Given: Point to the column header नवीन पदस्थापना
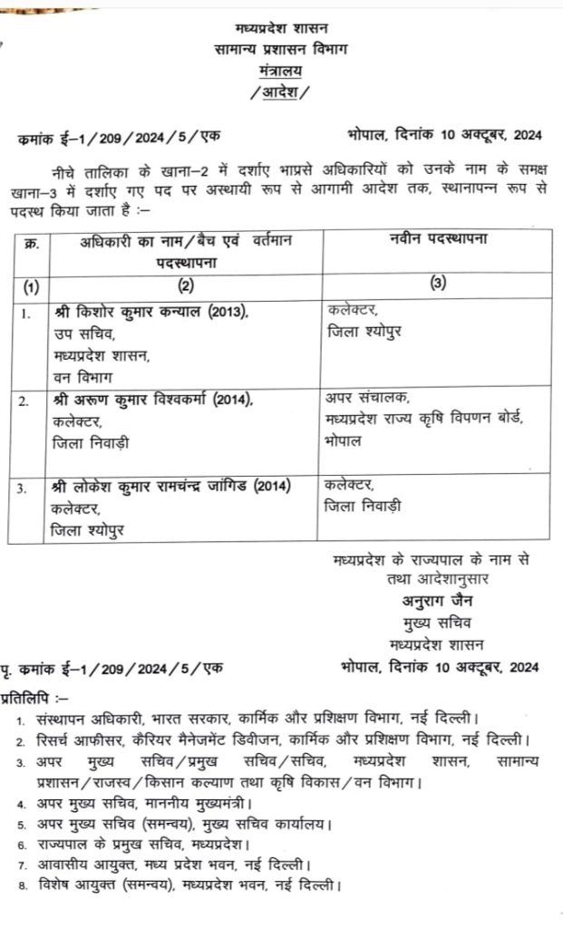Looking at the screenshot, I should tap(437, 239).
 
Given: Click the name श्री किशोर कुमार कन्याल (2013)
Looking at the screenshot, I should tap(150, 313).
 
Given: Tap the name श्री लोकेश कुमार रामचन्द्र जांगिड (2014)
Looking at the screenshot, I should tap(171, 487).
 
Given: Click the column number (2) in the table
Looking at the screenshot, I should tap(185, 285).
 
